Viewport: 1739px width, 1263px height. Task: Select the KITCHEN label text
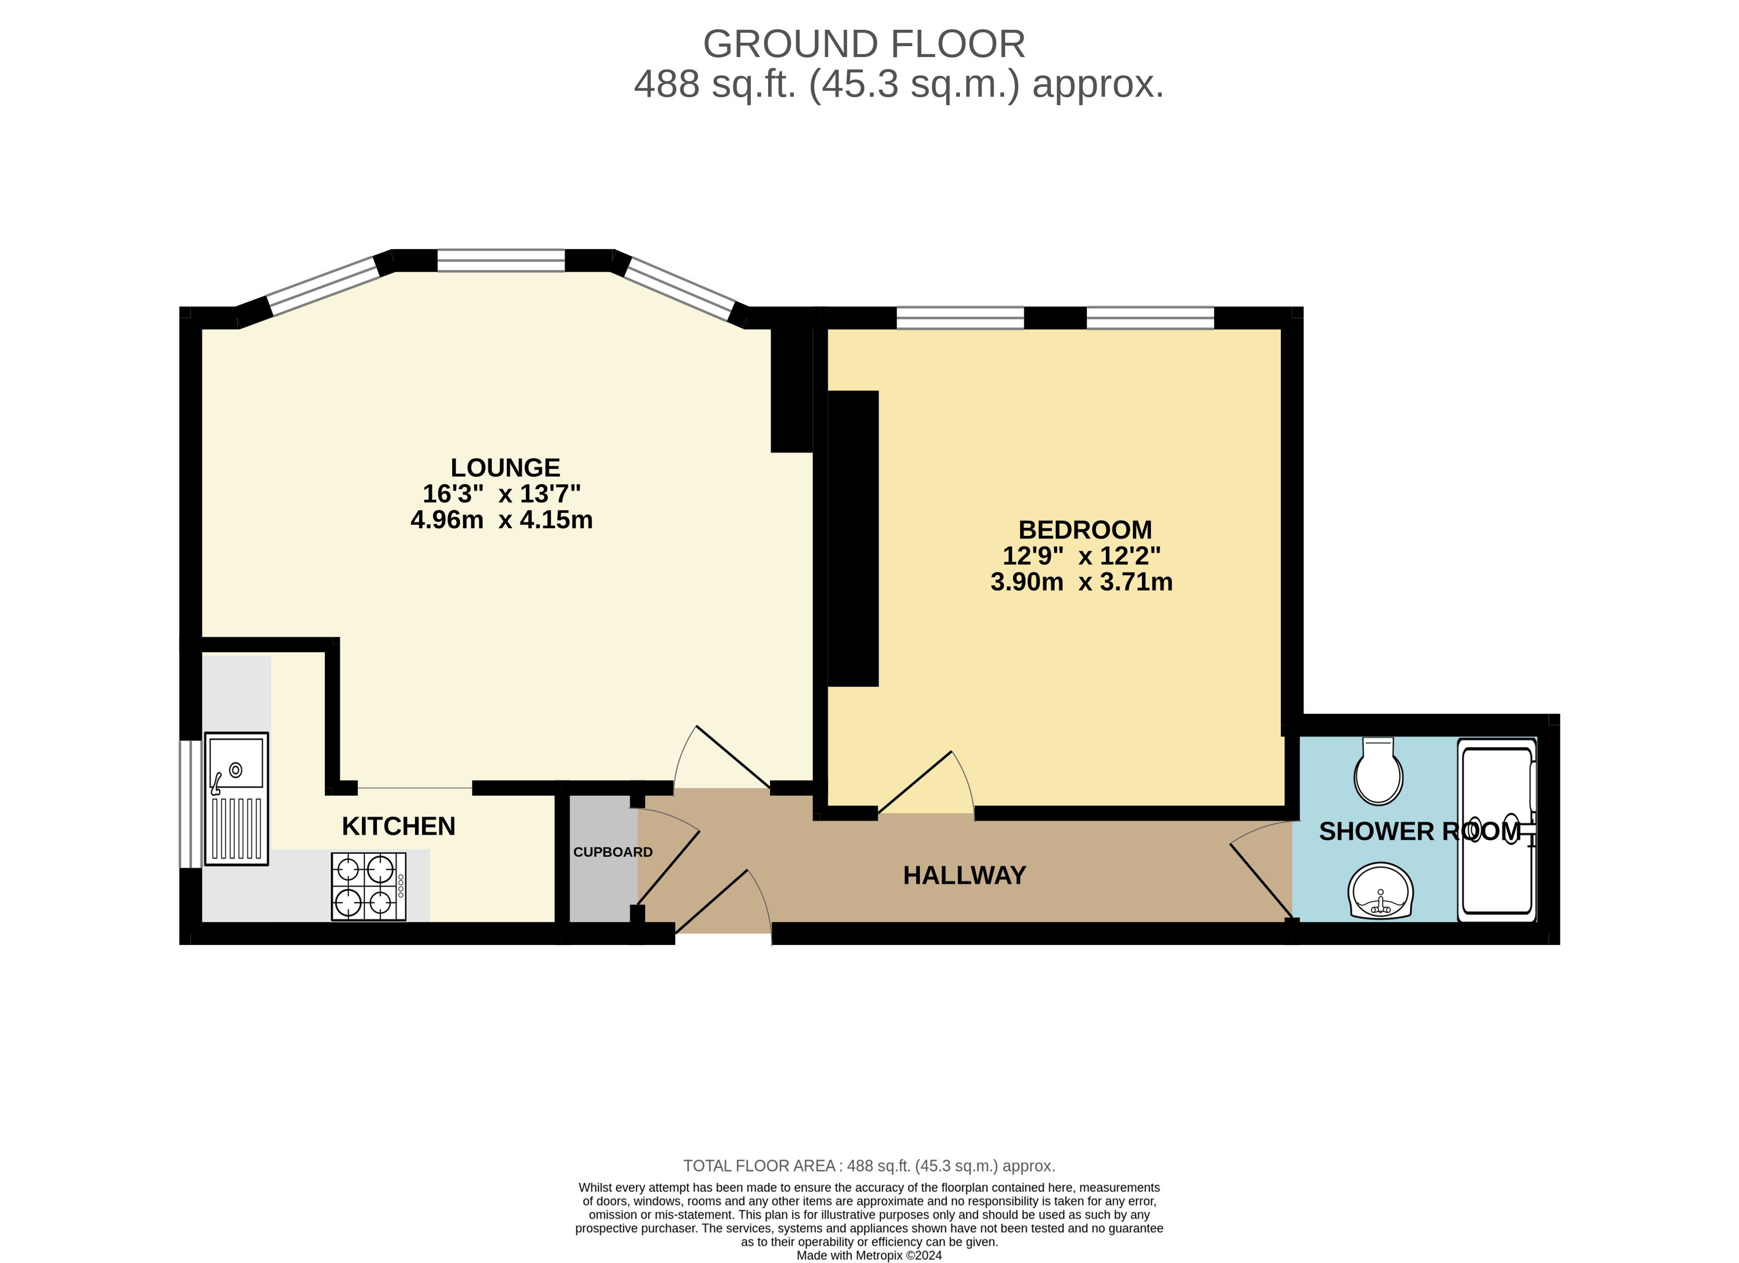(398, 826)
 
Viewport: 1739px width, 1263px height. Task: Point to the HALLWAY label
(964, 875)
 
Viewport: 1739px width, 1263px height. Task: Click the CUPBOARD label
(612, 852)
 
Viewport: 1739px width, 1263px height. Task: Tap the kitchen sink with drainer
(236, 798)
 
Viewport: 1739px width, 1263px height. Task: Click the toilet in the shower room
(1379, 771)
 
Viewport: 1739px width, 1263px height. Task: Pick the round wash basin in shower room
(1380, 890)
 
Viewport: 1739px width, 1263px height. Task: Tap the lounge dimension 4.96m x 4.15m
(501, 520)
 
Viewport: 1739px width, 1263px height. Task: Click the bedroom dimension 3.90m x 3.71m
(1081, 582)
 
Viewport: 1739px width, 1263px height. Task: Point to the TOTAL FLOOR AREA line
(870, 1166)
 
